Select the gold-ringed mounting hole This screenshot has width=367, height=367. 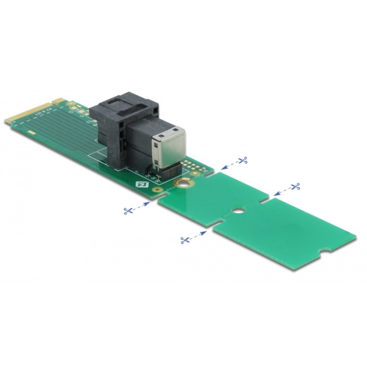point(182,183)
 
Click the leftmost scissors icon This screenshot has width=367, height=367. point(128,211)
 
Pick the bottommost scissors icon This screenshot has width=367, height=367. point(184,240)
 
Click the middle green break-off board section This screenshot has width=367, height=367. point(215,195)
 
